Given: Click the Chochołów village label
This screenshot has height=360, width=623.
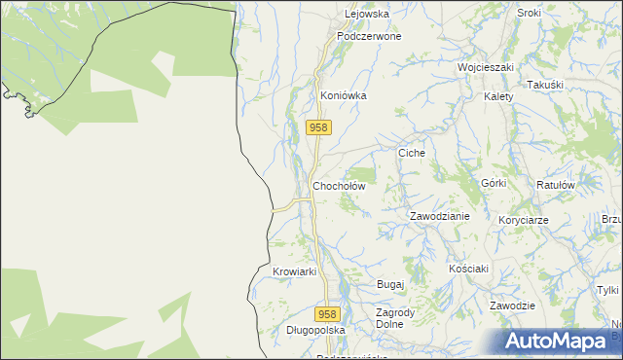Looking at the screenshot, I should pos(338,186).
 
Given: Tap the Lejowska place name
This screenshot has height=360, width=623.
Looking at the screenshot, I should pos(367,15).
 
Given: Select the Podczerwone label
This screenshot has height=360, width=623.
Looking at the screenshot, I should pos(369,36).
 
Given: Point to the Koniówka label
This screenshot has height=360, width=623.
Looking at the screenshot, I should pos(343,96).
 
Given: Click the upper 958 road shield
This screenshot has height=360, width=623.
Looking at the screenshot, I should pos(319,127).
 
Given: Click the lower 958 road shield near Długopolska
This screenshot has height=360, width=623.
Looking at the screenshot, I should pos(328,314).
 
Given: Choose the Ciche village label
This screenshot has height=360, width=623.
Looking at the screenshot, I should pos(412,154).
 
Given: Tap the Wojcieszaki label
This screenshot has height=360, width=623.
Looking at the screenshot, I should pos(486,68).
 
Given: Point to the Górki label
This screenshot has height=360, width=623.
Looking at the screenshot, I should pos(494,183).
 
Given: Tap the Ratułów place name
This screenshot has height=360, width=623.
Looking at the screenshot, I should pos(557,184).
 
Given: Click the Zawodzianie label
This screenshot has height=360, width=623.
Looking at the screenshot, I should pos(439,216).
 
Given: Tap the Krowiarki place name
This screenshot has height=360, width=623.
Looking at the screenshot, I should pos(295,271).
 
